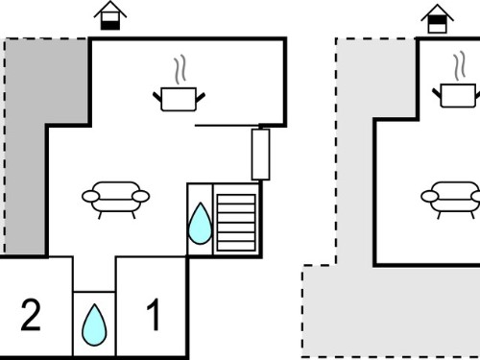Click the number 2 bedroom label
click(31, 315)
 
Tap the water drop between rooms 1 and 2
click(94, 324)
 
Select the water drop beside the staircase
click(201, 224)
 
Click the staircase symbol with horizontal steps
click(236, 223)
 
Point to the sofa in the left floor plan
click(115, 200)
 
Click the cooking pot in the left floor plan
click(179, 99)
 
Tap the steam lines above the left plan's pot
click(180, 69)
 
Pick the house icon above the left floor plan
click(110, 15)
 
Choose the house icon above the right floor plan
click(437, 19)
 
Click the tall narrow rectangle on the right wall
click(260, 155)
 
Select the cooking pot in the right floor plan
click(458, 95)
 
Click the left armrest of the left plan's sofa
click(91, 196)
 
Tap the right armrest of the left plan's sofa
click(141, 196)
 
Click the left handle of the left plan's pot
click(157, 97)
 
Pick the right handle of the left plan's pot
click(201, 97)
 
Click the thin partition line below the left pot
click(228, 126)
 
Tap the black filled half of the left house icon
click(110, 25)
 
